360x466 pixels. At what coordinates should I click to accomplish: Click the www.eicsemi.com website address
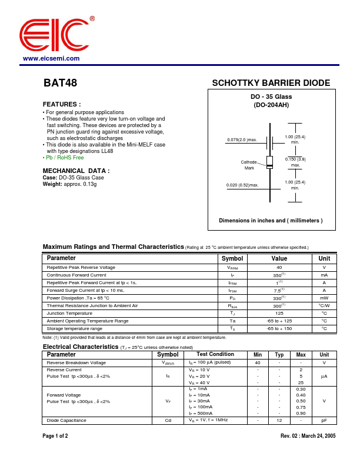pos(51,59)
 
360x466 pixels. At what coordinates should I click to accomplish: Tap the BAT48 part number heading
pos(60,84)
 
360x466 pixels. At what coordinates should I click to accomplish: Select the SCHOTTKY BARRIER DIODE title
pos(271,84)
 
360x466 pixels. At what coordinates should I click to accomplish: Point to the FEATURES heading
pos(62,104)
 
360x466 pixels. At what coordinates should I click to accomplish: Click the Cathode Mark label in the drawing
pos(249,165)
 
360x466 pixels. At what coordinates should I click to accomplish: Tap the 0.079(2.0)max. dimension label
pos(242,140)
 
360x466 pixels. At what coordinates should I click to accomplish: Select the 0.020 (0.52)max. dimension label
pos(242,185)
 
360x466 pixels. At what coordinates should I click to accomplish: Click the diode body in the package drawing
pos(269,162)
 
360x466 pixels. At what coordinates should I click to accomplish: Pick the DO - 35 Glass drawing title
pos(271,96)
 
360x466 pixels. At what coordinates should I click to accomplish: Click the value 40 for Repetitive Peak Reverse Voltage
pos(279,268)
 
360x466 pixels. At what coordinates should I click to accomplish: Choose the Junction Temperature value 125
pos(279,314)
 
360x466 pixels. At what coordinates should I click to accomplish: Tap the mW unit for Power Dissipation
pos(324,298)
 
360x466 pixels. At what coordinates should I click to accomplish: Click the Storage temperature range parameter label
pos(74,329)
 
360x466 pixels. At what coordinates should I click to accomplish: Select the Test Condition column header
pos(215,355)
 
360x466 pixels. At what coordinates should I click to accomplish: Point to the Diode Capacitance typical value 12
pos(279,420)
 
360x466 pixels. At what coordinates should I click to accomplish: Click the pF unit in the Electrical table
pos(324,420)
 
